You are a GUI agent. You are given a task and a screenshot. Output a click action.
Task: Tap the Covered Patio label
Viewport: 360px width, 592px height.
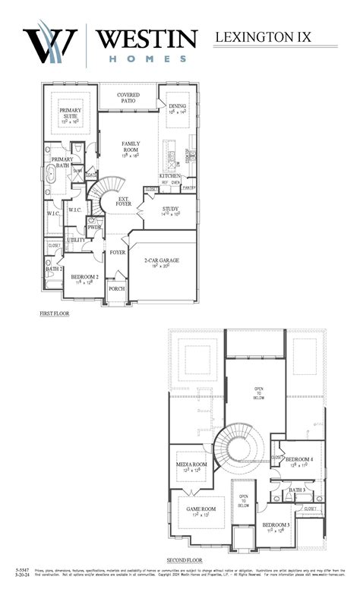(x=128, y=98)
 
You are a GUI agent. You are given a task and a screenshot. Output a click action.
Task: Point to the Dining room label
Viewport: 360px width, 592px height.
(x=178, y=106)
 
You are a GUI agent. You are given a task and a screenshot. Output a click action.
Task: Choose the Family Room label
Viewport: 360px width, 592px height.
(x=131, y=146)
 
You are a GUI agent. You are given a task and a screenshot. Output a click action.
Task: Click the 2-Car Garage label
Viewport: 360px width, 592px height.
(x=162, y=260)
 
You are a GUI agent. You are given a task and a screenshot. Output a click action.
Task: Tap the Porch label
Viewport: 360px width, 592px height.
(x=117, y=288)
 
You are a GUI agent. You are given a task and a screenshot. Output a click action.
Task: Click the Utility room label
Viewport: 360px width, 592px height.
(x=76, y=240)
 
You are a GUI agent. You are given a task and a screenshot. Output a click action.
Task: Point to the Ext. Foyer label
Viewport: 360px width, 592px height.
(x=124, y=201)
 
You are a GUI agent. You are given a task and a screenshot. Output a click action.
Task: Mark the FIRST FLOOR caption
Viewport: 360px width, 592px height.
(x=54, y=312)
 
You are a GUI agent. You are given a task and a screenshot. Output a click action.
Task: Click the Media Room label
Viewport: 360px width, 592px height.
(x=191, y=464)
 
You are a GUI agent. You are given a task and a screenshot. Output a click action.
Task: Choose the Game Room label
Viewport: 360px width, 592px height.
(x=201, y=509)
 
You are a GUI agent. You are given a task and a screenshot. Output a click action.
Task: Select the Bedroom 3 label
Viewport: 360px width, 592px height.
(x=276, y=524)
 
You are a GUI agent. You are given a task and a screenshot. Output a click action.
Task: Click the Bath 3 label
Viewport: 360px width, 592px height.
(x=296, y=490)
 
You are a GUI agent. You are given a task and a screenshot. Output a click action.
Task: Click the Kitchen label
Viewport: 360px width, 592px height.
(x=170, y=175)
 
